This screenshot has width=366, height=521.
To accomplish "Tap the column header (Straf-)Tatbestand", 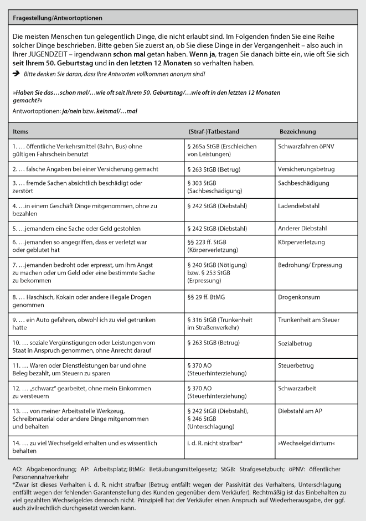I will [x=214, y=131].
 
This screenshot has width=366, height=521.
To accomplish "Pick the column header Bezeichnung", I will [x=297, y=131].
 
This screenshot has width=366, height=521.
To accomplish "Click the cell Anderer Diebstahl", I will [x=302, y=228].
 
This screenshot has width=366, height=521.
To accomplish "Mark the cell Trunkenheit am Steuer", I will [x=308, y=320].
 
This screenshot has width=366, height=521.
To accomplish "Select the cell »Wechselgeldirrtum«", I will [x=307, y=443].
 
